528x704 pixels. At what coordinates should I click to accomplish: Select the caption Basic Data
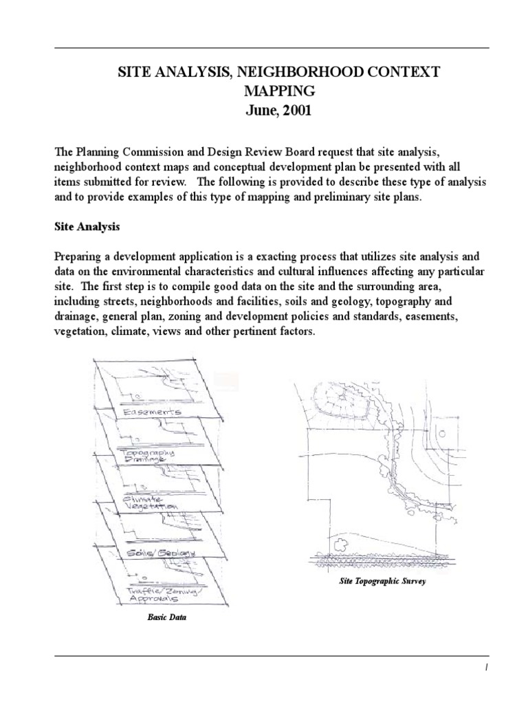167,617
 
